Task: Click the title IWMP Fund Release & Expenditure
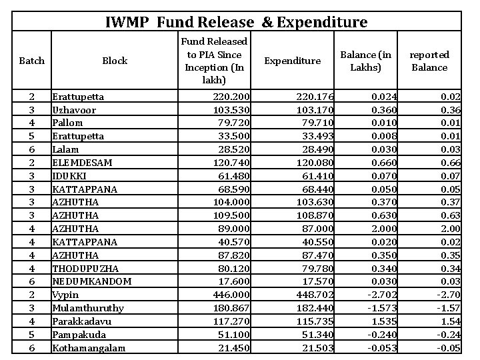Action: click(x=236, y=22)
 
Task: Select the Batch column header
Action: click(x=31, y=61)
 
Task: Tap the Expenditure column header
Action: click(x=293, y=61)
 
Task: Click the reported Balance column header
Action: click(x=429, y=61)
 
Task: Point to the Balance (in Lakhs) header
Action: click(x=365, y=61)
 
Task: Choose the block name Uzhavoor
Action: click(x=74, y=110)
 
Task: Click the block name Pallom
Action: click(x=67, y=123)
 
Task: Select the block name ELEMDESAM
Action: click(x=82, y=163)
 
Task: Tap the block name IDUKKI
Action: click(x=69, y=176)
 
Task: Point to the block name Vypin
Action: click(x=65, y=295)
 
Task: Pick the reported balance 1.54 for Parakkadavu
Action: click(x=451, y=321)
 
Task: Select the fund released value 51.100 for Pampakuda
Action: click(x=234, y=334)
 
